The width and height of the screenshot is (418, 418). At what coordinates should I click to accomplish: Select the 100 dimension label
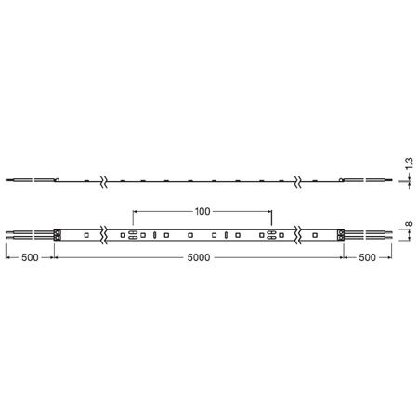pos(202,211)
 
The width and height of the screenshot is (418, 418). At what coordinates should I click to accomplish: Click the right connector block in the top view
pos(342,236)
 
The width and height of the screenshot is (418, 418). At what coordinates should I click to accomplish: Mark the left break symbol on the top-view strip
pos(104,236)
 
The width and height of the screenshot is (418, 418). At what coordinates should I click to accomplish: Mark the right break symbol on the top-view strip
pos(297,236)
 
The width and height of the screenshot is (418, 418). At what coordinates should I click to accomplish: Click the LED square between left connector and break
pos(85,236)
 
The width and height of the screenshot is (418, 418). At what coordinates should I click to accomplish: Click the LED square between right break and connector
pos(317,236)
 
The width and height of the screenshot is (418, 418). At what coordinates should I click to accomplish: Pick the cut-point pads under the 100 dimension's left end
pos(133,236)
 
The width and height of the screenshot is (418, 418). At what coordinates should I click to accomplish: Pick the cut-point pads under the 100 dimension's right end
pos(271,236)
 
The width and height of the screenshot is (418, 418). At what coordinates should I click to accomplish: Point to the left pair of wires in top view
pos(28,236)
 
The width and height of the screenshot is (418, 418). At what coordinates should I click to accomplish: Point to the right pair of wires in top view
pos(372,236)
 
